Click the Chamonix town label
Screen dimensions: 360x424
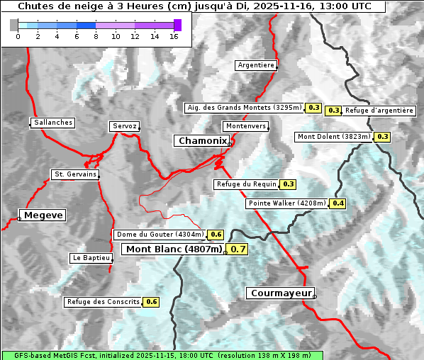(x=202, y=141)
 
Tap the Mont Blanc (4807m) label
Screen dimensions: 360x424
(x=174, y=249)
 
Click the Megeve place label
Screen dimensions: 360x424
(x=43, y=215)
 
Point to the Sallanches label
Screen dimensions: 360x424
(x=53, y=123)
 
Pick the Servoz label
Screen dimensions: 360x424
(x=124, y=126)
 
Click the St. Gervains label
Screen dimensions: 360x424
(x=74, y=174)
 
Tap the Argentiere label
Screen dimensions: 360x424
(x=256, y=65)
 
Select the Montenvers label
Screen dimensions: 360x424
(x=245, y=126)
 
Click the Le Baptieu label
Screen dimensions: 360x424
(x=91, y=258)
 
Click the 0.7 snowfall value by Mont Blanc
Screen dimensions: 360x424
(x=238, y=249)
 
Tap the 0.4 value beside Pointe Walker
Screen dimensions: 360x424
(x=338, y=203)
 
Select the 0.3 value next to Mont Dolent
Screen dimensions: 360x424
(x=383, y=137)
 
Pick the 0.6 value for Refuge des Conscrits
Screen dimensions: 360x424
(x=152, y=302)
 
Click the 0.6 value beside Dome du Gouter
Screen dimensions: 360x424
(x=216, y=235)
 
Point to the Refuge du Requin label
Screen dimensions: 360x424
(x=246, y=184)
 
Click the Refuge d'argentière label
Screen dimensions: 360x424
(x=379, y=111)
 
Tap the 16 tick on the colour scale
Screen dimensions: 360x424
(x=174, y=35)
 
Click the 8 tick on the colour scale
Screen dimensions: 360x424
(x=96, y=35)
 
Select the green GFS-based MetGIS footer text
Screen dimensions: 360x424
(x=162, y=355)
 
